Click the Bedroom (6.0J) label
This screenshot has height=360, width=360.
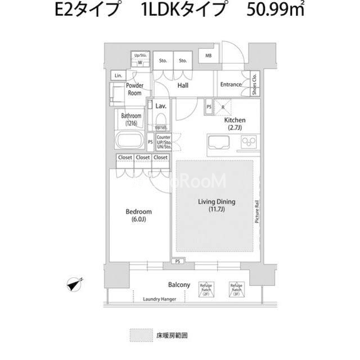tap(138, 215)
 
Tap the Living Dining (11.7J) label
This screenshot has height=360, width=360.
tap(216, 206)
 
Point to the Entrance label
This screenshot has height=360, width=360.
tap(231, 85)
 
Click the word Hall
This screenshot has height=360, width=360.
tap(182, 86)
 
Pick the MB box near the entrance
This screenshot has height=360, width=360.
tap(208, 56)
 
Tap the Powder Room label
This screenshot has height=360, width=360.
tap(134, 89)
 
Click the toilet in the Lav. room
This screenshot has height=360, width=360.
tap(160, 121)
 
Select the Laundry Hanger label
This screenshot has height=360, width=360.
tap(160, 299)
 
